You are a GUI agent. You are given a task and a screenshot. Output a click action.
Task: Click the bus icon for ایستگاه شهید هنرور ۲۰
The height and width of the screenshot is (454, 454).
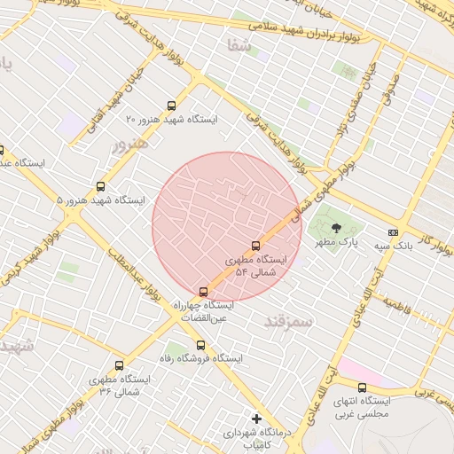pyautogui.click(x=171, y=106)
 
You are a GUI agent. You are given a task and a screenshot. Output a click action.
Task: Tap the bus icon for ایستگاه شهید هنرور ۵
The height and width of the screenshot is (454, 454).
pyautogui.click(x=100, y=187)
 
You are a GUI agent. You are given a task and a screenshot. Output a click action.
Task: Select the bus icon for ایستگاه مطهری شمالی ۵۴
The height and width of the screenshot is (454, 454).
pyautogui.click(x=256, y=246)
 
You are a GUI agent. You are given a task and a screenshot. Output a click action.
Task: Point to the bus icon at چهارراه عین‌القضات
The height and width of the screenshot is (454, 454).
pyautogui.click(x=204, y=292)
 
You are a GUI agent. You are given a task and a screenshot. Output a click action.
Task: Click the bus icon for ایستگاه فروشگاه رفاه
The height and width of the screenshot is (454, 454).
pyautogui.click(x=200, y=345)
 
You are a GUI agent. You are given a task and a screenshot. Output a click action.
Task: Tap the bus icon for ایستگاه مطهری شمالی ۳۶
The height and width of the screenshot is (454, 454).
pyautogui.click(x=120, y=365)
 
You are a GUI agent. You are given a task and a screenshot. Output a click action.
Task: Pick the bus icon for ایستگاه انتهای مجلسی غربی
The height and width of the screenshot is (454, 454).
pyautogui.click(x=362, y=387)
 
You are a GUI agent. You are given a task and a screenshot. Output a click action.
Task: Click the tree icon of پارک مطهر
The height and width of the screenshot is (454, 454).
pyautogui.click(x=335, y=228)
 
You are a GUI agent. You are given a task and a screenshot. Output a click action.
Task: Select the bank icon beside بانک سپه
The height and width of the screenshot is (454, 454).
pyautogui.click(x=394, y=232)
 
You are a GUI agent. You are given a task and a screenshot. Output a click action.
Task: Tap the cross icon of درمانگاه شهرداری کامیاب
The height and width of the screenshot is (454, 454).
pyautogui.click(x=257, y=418)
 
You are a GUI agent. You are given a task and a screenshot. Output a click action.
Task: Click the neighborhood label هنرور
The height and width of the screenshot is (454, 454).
pyautogui.click(x=125, y=144)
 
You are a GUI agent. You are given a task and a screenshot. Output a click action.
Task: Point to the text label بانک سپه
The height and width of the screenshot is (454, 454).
pyautogui.click(x=392, y=245)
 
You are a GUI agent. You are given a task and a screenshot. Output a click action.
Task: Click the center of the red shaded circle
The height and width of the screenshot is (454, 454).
pyautogui.click(x=226, y=226)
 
